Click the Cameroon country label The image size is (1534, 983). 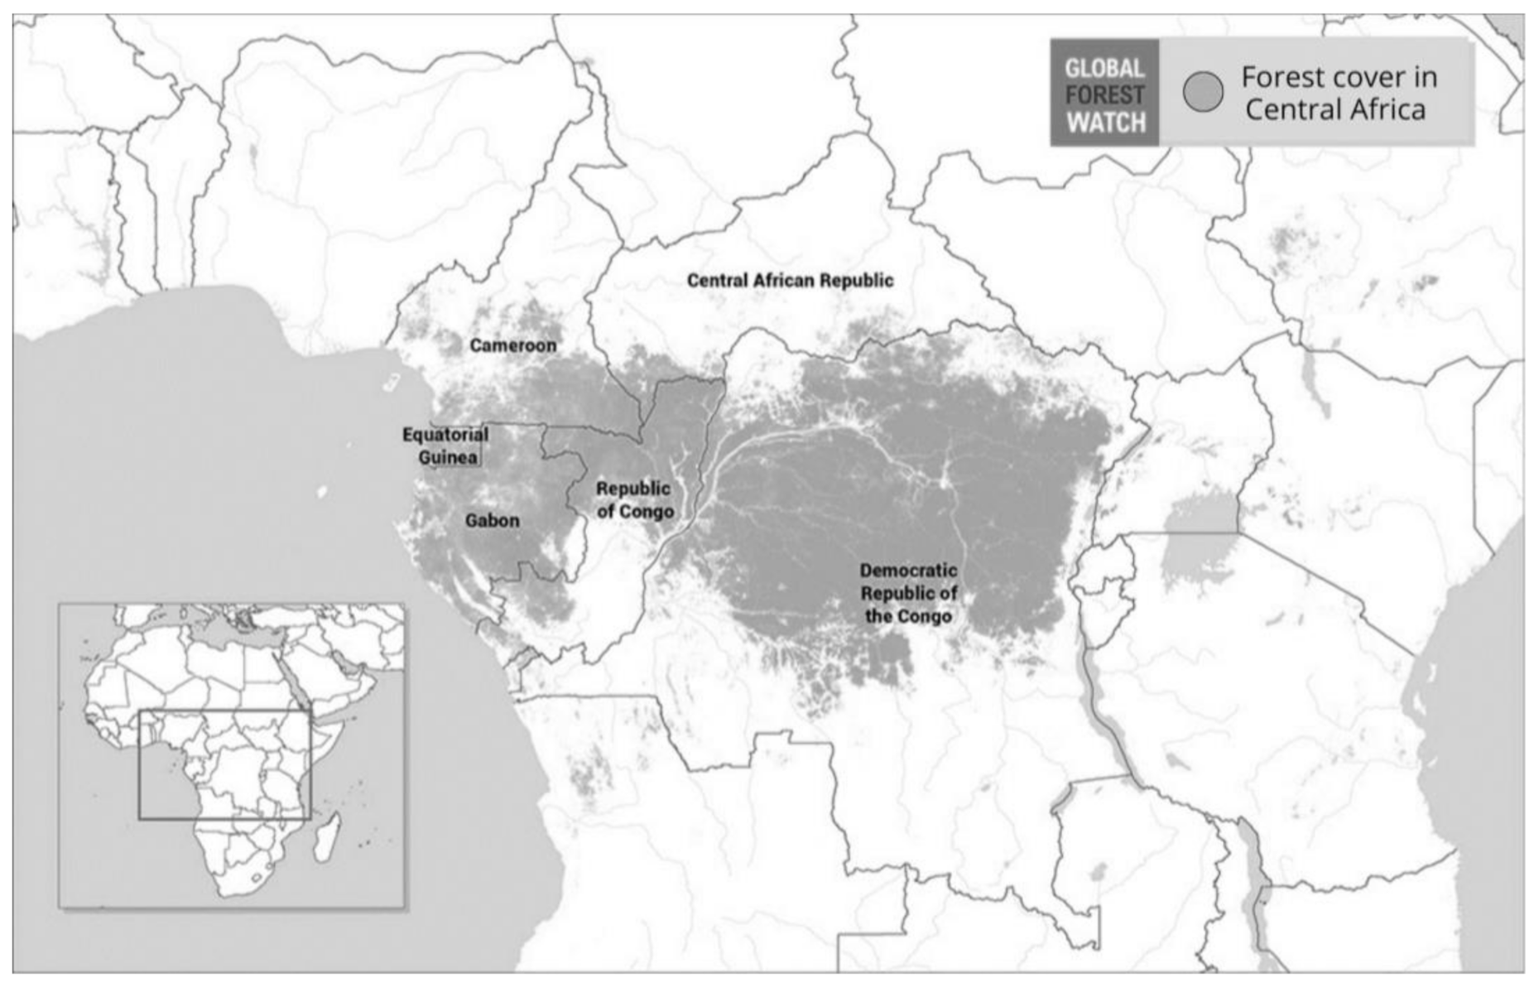pyautogui.click(x=513, y=345)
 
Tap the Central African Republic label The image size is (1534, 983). pyautogui.click(x=790, y=281)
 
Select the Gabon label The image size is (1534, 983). pyautogui.click(x=493, y=521)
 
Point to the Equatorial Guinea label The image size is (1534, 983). pyautogui.click(x=445, y=446)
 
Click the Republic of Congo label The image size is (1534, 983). pyautogui.click(x=634, y=500)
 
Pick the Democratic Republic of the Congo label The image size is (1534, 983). pyautogui.click(x=908, y=593)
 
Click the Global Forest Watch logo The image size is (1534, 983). pyautogui.click(x=1104, y=94)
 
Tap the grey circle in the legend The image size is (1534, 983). pyautogui.click(x=1203, y=92)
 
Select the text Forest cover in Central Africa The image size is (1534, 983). pyautogui.click(x=1339, y=93)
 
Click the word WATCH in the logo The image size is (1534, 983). pyautogui.click(x=1105, y=123)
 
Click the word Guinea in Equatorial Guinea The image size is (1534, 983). pyautogui.click(x=448, y=457)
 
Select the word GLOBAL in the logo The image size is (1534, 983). pyautogui.click(x=1104, y=68)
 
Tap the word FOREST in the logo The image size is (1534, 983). pyautogui.click(x=1104, y=95)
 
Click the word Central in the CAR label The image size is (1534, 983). pyautogui.click(x=718, y=281)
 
